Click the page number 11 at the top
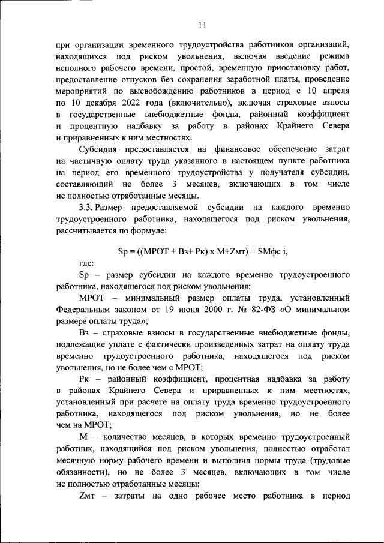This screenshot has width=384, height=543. click(202, 25)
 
